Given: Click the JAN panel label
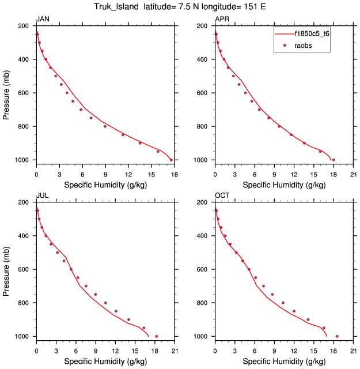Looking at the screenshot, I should point(43,19).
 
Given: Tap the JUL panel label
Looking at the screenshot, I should point(42,195).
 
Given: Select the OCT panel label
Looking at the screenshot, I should point(222,195).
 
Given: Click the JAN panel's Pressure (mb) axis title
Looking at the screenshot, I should point(7,93).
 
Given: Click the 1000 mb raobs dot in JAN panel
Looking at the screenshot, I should point(171,160).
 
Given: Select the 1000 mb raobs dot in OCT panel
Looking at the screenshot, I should point(337,336).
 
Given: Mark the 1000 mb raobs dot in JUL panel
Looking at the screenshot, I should point(156,336).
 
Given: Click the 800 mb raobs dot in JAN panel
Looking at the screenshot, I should point(105,126).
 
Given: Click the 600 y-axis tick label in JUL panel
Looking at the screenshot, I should point(24,269).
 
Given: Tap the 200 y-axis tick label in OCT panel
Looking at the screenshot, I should point(203,202).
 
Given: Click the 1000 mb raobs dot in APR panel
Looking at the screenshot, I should point(334,160).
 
